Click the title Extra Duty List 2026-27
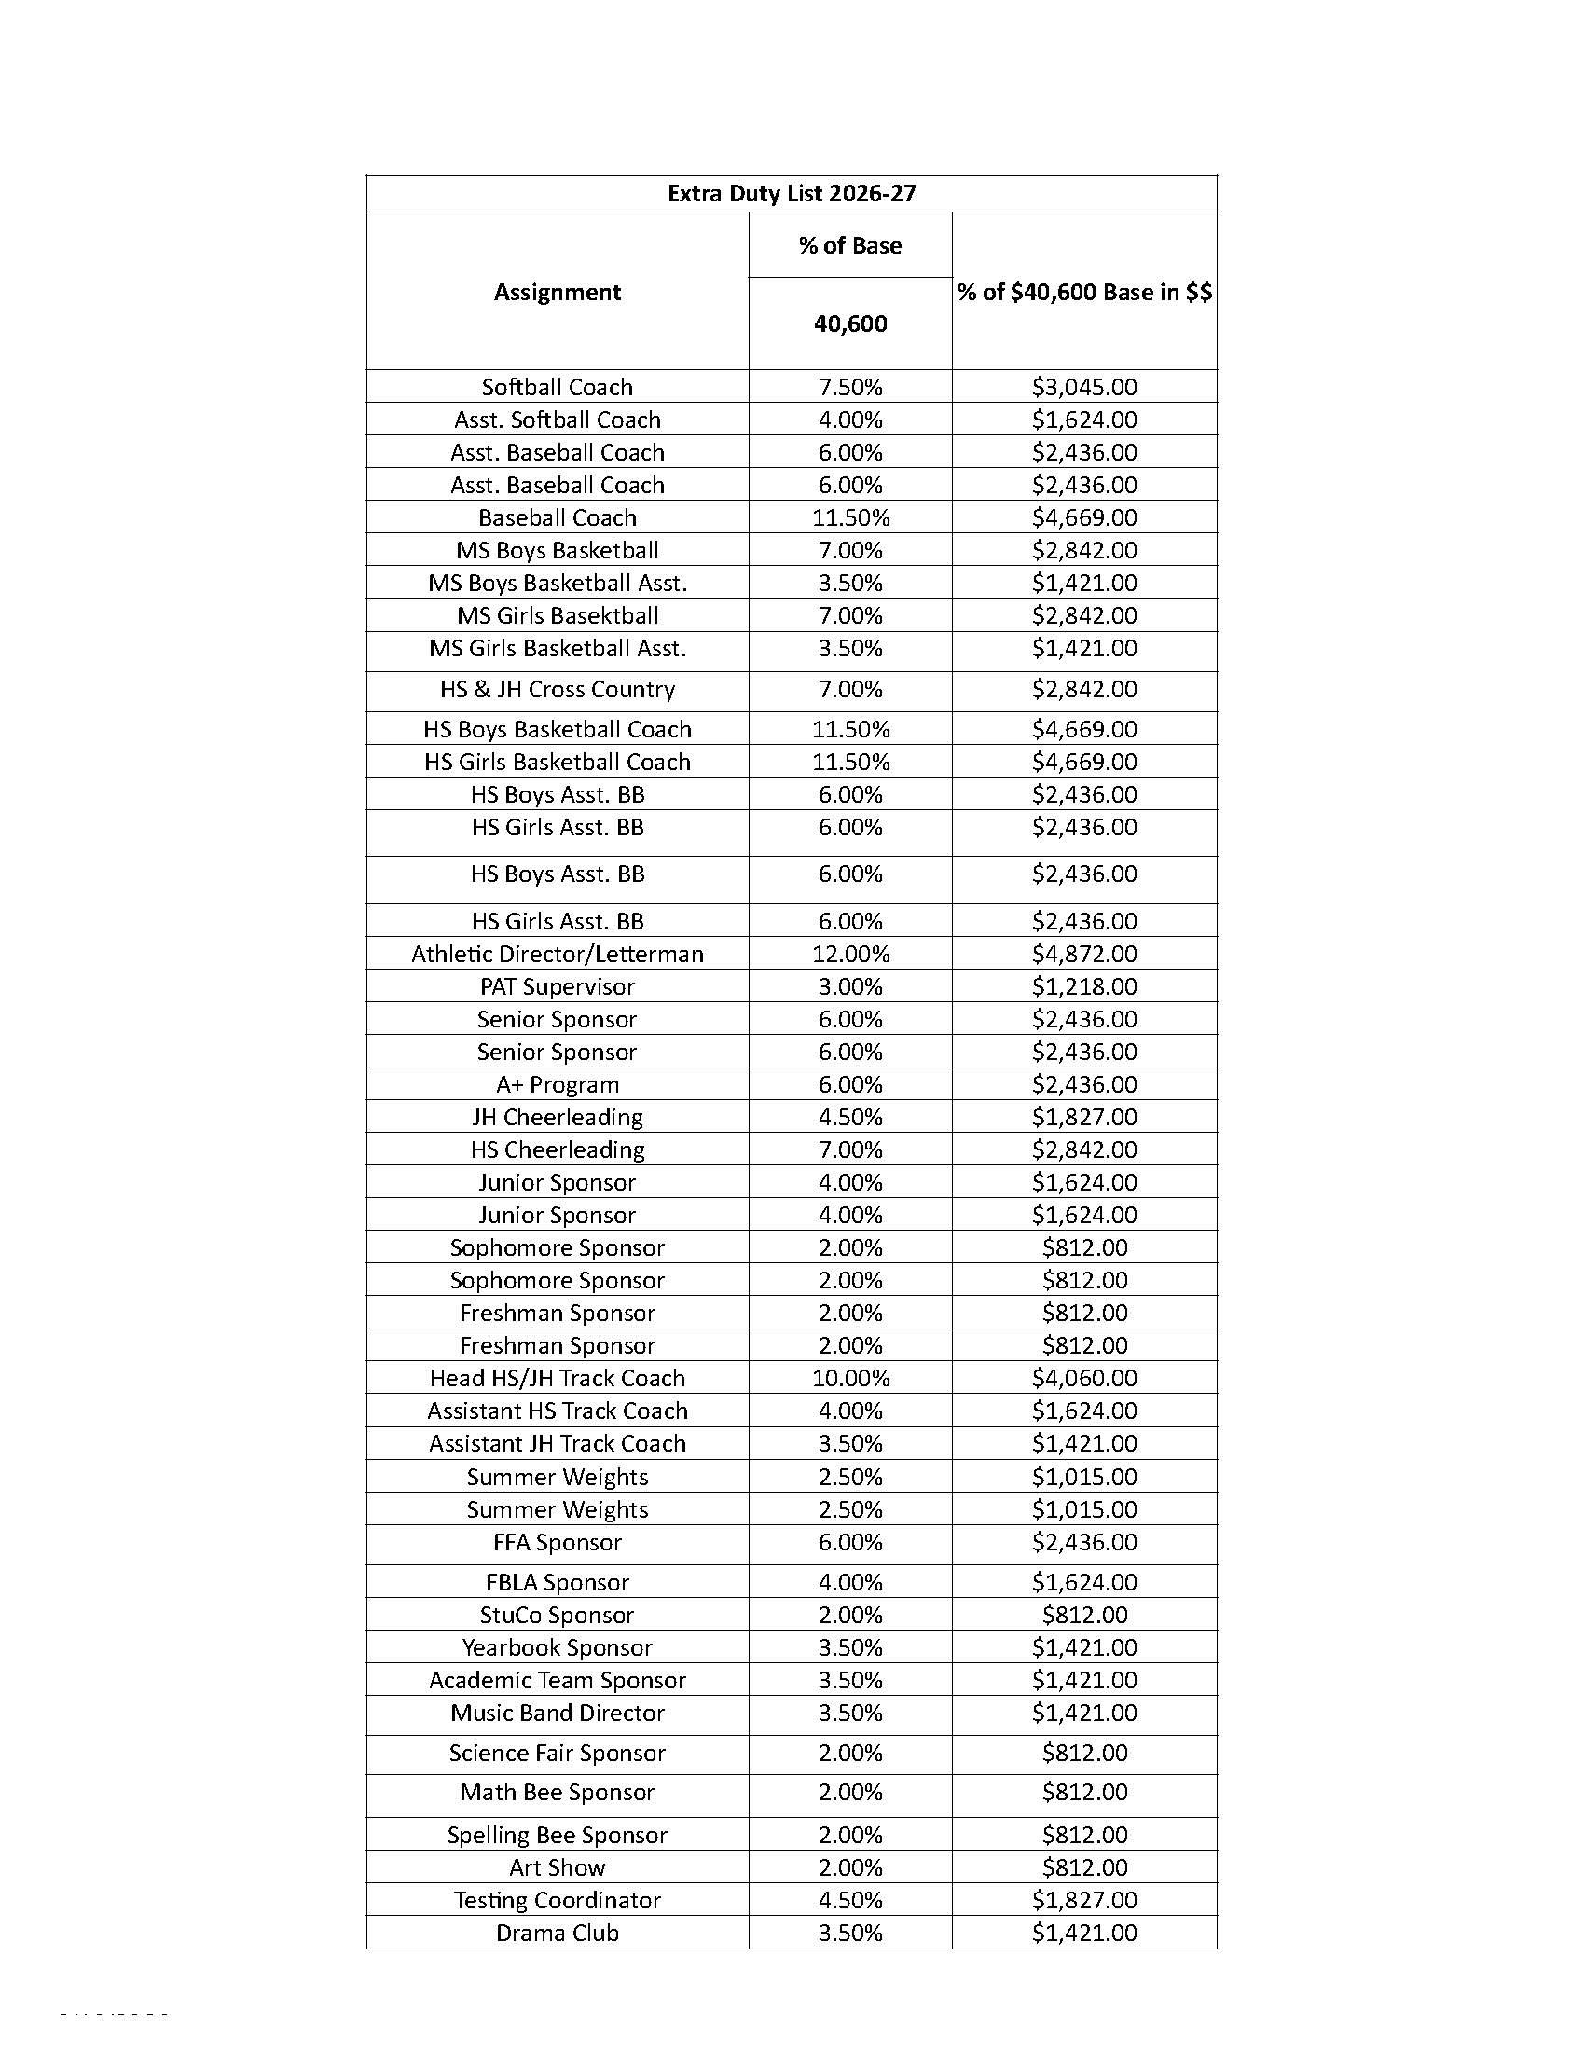(791, 194)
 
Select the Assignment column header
(557, 292)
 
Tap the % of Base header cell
(849, 245)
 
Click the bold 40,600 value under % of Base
(849, 324)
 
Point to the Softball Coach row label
(557, 387)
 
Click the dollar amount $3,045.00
(1083, 387)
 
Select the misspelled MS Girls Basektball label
(557, 615)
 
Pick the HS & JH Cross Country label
(557, 689)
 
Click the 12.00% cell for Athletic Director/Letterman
(849, 953)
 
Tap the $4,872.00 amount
(1083, 953)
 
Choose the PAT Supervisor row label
(557, 986)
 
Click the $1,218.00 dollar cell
(1083, 986)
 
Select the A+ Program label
(557, 1084)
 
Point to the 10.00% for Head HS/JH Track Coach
(849, 1378)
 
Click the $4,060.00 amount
(1083, 1378)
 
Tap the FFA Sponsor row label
(557, 1542)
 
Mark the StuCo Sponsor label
(557, 1615)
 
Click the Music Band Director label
(557, 1713)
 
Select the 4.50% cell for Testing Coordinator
(849, 1900)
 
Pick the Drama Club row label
(557, 1933)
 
